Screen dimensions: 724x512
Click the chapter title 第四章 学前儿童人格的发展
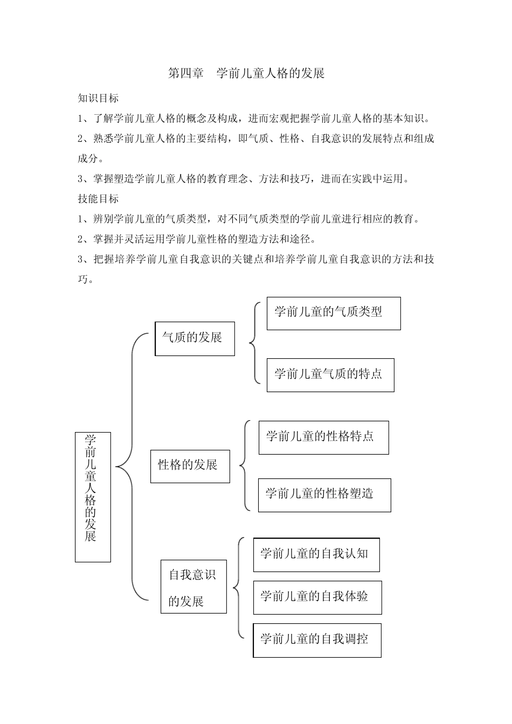(x=246, y=73)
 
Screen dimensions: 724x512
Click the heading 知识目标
(x=98, y=98)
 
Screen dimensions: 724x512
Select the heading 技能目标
(x=98, y=199)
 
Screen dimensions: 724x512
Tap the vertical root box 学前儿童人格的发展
(x=93, y=497)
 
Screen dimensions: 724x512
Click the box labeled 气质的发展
(x=195, y=338)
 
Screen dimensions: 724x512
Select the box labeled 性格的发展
(x=190, y=466)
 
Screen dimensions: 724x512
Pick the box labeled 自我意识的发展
(x=193, y=587)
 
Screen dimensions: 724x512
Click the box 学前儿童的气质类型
(x=333, y=313)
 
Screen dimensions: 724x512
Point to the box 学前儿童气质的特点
(x=330, y=375)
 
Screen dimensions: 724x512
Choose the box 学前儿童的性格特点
(x=323, y=437)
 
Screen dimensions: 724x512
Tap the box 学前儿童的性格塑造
(x=324, y=495)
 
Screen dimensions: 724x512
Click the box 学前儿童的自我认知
(x=316, y=554)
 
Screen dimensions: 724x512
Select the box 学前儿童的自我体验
(x=317, y=597)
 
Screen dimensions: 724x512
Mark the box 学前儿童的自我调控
(x=317, y=641)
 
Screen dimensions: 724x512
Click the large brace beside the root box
(x=129, y=467)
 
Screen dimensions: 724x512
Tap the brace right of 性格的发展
(x=244, y=465)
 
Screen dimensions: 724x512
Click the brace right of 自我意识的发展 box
(x=238, y=588)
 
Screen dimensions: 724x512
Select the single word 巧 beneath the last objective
(x=83, y=280)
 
